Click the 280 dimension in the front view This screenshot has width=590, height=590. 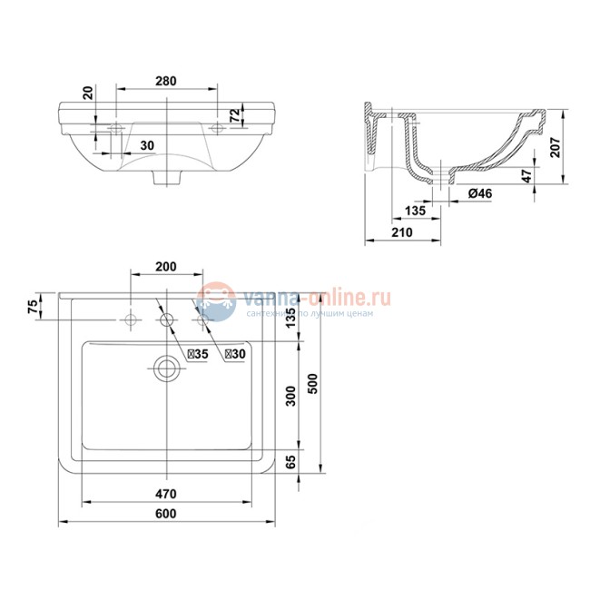click(165, 81)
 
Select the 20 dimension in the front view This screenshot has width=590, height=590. click(88, 93)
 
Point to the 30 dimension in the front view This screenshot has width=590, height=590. click(147, 145)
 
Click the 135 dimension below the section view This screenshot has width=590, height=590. click(415, 211)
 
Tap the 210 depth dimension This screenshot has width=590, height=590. click(401, 233)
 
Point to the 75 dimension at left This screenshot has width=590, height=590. click(34, 306)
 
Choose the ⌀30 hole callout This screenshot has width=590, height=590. click(235, 354)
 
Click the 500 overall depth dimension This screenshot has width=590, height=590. click(313, 385)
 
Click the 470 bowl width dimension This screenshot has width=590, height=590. click(165, 495)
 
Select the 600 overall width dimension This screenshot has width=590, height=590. click(165, 515)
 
